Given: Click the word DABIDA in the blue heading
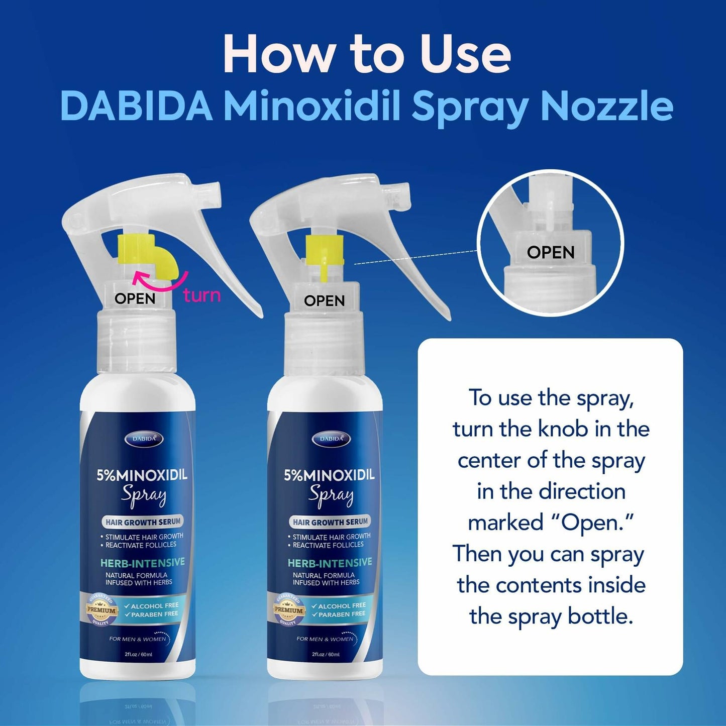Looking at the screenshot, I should coord(136,106).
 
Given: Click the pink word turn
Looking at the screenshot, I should coord(202,295).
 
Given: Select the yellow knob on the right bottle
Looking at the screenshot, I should coord(325,251).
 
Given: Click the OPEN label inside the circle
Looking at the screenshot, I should coord(551,252).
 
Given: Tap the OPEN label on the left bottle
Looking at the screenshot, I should coord(135,298).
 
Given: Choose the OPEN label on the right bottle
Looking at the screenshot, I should coord(325,301).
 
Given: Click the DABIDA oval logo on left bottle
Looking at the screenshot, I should coord(144,439).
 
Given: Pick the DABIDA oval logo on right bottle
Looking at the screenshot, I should coord(331,439).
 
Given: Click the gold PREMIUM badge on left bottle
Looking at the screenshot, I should coord(101,609).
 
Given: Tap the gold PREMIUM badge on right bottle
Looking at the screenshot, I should coord(288,609).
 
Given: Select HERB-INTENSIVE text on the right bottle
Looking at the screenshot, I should coord(330,563).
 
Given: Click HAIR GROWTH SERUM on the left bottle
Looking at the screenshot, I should coord(143,522).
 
